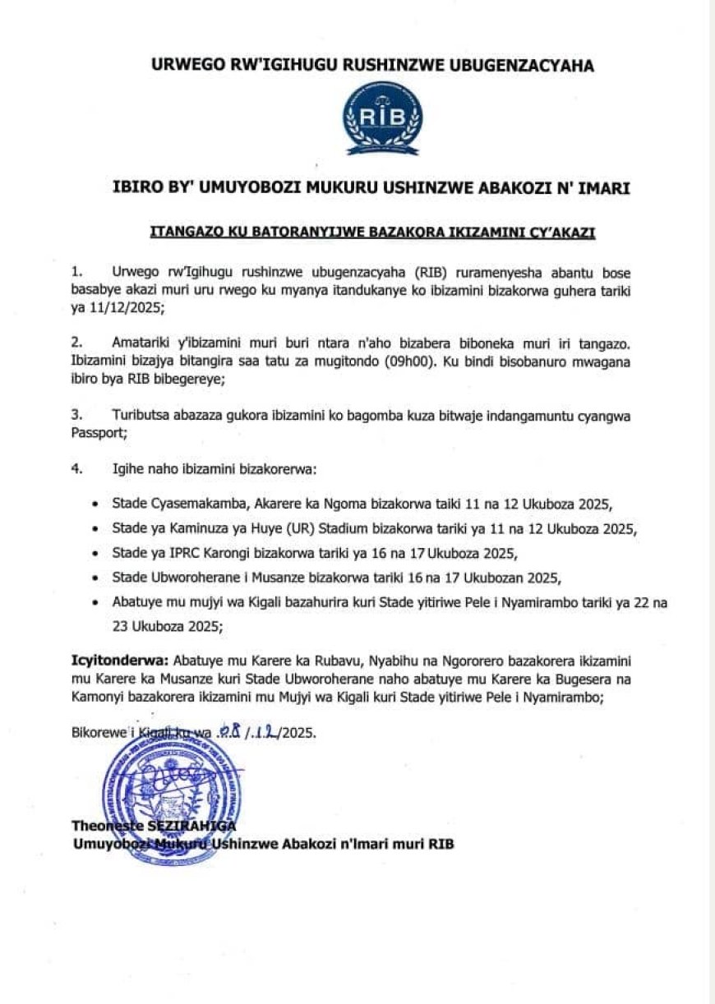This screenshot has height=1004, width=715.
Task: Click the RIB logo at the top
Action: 384,118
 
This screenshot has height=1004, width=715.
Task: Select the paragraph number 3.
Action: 77,417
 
